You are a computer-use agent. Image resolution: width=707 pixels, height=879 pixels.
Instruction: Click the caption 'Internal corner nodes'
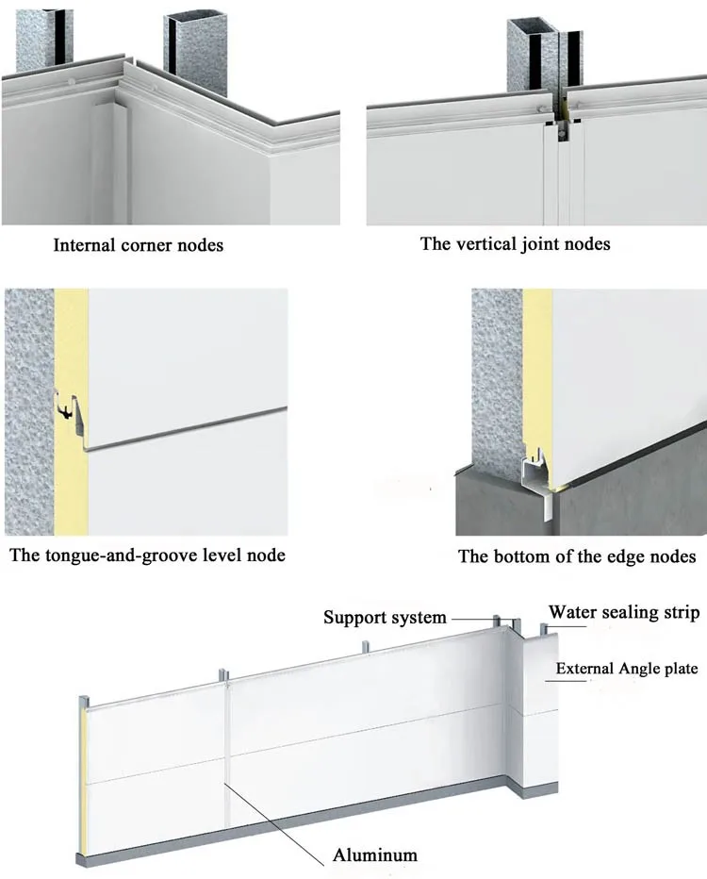click(139, 245)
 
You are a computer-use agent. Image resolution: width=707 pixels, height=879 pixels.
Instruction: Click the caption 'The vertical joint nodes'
click(515, 243)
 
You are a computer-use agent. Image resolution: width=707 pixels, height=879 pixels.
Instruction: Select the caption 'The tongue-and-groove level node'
click(147, 555)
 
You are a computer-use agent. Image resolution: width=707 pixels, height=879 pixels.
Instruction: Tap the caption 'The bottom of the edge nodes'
click(577, 556)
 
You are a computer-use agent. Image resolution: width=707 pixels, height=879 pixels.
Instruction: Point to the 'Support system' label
click(384, 618)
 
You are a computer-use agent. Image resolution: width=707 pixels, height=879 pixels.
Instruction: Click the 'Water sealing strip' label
click(624, 613)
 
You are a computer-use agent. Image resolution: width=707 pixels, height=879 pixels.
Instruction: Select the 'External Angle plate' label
click(626, 669)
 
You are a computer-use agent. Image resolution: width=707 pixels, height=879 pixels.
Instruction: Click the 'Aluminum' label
click(374, 855)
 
